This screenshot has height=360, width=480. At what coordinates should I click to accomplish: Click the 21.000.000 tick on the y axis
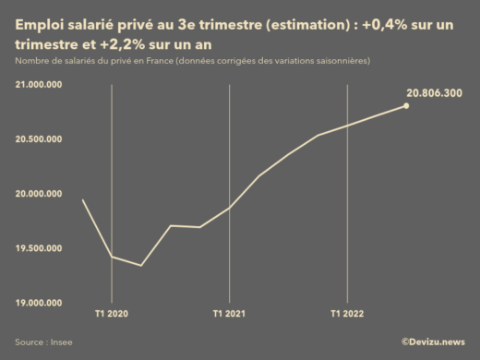(x=39, y=84)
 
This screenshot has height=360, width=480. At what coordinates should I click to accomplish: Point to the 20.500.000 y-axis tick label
(x=39, y=139)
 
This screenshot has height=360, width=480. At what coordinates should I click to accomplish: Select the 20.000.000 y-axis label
(x=39, y=194)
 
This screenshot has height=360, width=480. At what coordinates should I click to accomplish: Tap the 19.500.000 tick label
(x=39, y=248)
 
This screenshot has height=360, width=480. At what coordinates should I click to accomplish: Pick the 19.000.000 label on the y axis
(x=39, y=303)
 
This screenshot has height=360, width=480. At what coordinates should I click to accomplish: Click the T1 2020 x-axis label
(x=112, y=314)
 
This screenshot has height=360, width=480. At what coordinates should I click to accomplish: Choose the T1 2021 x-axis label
(x=229, y=314)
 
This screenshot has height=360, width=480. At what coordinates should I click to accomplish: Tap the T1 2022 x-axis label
(x=347, y=314)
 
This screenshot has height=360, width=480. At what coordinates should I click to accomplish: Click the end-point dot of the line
(x=406, y=106)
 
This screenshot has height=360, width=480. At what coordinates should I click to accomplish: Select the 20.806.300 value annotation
(x=435, y=93)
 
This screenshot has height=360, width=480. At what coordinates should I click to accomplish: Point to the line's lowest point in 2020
(x=141, y=265)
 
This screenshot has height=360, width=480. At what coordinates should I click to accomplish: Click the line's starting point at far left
(x=83, y=200)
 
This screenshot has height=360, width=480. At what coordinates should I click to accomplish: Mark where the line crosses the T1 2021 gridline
(x=229, y=208)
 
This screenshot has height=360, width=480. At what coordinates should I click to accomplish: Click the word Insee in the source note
(x=61, y=342)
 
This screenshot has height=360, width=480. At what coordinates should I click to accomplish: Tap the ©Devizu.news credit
(x=433, y=342)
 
